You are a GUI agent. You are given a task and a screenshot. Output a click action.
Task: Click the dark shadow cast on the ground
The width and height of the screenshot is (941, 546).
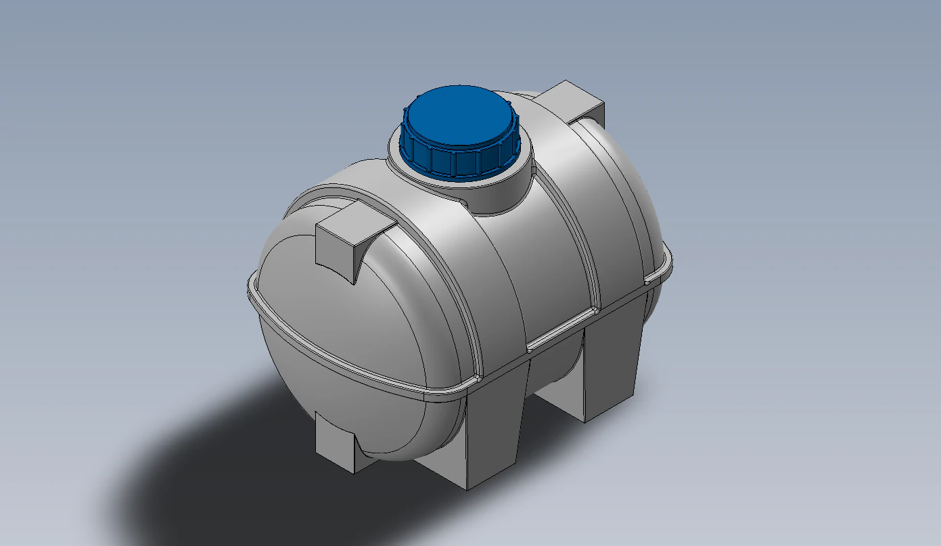223,474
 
